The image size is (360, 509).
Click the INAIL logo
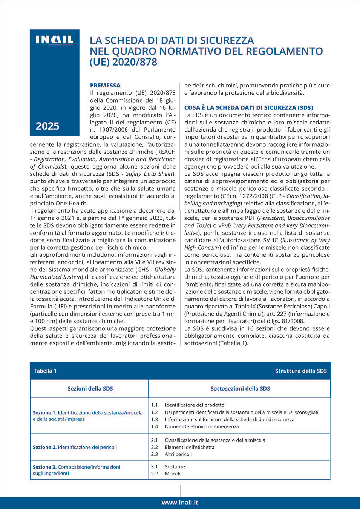[x=54, y=40]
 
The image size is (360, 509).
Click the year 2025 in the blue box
[x=47, y=126]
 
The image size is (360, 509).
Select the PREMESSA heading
[x=105, y=86]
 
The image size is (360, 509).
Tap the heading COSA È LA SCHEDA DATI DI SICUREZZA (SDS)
[x=248, y=107]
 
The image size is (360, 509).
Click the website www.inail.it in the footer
[x=180, y=503]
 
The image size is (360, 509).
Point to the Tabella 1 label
[x=45, y=371]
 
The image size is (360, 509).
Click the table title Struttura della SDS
[x=301, y=371]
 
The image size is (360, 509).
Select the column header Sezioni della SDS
[x=90, y=388]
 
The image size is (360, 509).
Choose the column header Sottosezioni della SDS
[x=240, y=388]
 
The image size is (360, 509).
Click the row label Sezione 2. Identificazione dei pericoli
[x=75, y=447]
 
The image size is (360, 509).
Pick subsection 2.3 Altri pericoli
[x=178, y=454]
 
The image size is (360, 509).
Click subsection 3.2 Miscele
[x=173, y=474]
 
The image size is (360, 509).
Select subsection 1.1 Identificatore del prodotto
[x=194, y=405]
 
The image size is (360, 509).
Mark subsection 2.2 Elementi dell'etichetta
[x=189, y=447]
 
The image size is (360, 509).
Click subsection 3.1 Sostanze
[x=175, y=466]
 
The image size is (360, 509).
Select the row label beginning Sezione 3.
[x=76, y=470]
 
